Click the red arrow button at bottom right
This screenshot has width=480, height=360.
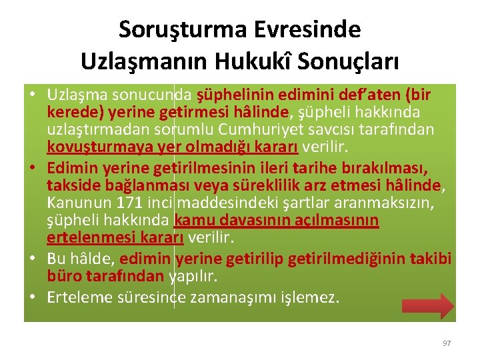(427, 306)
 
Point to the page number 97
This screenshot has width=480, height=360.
(447, 343)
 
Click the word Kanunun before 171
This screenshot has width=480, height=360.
(72, 202)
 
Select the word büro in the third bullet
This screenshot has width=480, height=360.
(61, 276)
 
